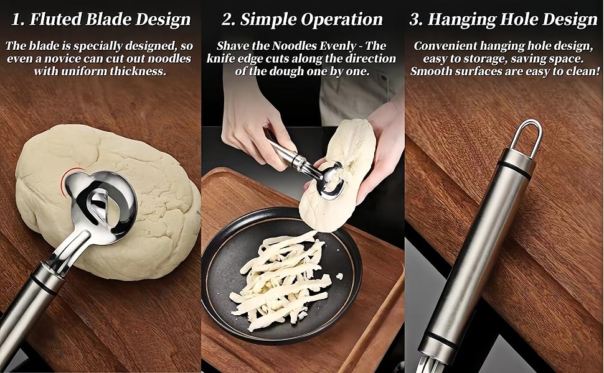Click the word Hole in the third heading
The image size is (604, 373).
[x=522, y=19]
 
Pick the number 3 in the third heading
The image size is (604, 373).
[x=415, y=20]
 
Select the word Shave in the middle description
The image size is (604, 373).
[x=233, y=46]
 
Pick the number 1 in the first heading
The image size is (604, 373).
[x=16, y=20]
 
